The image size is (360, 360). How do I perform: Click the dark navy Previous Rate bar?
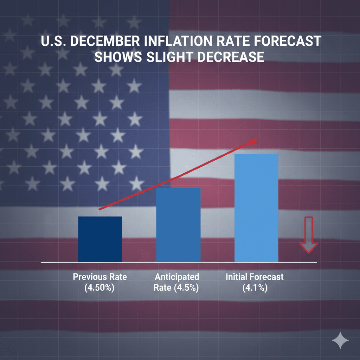pos(100,239)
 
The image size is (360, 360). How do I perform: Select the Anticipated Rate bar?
pos(178,225)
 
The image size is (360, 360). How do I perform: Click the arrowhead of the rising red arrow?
pos(253,141)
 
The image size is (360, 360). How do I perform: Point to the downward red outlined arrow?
pos(308,235)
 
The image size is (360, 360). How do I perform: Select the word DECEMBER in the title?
pos(106,41)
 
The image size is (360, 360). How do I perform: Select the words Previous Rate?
pos(100,277)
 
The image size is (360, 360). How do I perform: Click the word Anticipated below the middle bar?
pos(176,277)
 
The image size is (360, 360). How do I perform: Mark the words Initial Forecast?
pos(255,277)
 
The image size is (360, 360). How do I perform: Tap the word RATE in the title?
pos(240,41)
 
